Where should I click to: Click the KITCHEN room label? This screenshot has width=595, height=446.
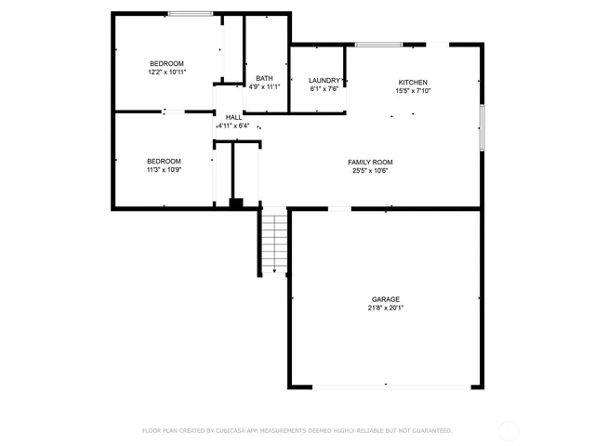[413, 82]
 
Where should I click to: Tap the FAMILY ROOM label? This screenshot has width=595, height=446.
[370, 162]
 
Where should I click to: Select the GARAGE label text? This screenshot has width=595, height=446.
[386, 299]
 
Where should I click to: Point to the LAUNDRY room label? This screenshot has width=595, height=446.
[324, 81]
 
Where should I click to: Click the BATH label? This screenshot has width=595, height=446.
[264, 78]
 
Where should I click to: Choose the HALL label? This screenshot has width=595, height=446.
[233, 117]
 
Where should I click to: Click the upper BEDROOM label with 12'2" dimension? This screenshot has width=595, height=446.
[166, 63]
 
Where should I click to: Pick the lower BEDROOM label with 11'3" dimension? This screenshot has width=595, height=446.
[164, 161]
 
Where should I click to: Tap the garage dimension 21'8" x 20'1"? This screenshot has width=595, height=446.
[386, 308]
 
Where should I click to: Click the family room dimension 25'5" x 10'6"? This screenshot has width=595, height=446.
[370, 171]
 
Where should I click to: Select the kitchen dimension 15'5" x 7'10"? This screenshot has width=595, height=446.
[413, 91]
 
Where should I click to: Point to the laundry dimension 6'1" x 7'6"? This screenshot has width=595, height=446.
[324, 90]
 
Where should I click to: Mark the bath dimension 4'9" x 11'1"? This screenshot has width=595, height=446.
[264, 87]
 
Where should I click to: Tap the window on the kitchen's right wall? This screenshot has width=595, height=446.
[482, 127]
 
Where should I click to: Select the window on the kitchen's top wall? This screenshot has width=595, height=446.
[373, 44]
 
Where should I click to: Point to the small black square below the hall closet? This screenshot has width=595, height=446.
[236, 203]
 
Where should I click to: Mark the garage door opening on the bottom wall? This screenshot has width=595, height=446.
[386, 386]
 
